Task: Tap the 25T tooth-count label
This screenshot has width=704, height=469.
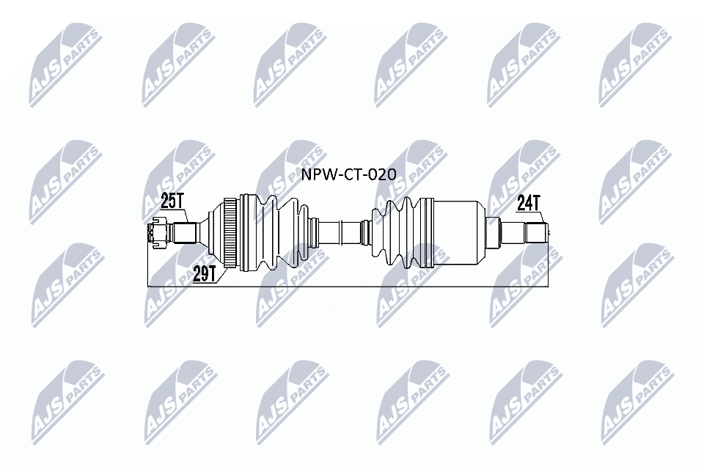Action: (x=172, y=199)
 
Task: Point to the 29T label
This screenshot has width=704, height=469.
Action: (x=203, y=273)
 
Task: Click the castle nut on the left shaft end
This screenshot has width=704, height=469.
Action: (x=155, y=233)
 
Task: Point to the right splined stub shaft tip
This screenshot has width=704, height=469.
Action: (x=537, y=233)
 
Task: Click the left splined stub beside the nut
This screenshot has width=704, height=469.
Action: (x=183, y=233)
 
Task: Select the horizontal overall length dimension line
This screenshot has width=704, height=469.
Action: (x=352, y=284)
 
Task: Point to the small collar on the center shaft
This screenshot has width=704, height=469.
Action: (x=364, y=233)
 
